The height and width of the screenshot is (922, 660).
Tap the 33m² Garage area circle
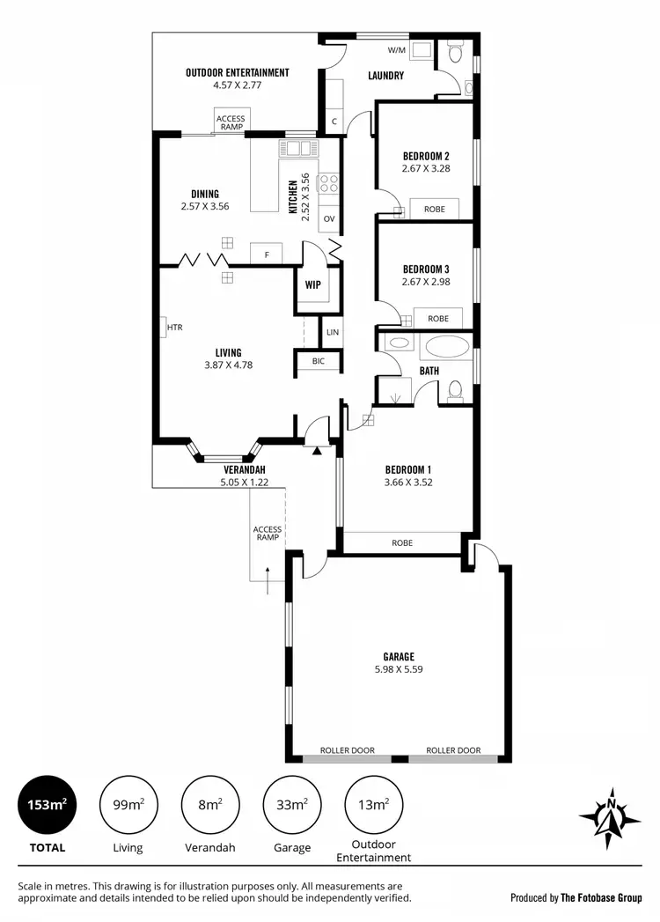[x=292, y=804]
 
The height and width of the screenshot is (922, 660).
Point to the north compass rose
[x=609, y=815]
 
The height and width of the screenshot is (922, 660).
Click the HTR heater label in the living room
[x=174, y=328]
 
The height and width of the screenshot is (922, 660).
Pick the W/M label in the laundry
[x=397, y=51]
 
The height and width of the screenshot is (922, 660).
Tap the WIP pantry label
[x=312, y=285]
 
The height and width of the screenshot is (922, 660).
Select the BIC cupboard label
[x=318, y=361]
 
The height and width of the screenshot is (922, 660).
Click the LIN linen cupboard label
[x=333, y=332]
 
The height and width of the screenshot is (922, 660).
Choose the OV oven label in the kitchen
[x=329, y=218]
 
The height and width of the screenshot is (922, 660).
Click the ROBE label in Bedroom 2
[x=435, y=210]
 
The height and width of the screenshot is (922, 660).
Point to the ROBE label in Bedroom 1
[x=402, y=543]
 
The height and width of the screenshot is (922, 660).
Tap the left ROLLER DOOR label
[x=347, y=750]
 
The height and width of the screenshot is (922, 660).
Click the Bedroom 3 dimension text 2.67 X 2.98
[x=426, y=282]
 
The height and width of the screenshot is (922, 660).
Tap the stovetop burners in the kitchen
[x=329, y=183]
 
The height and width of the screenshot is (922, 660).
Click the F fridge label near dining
[x=266, y=255]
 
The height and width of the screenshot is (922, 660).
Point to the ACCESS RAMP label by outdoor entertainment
[x=231, y=122]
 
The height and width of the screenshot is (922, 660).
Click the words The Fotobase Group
[x=601, y=898]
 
